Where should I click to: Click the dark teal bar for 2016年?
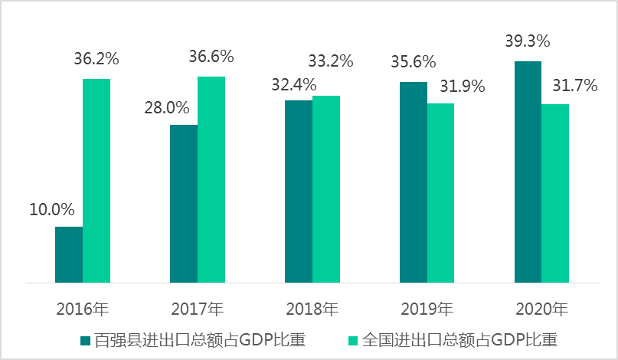[x=69, y=255]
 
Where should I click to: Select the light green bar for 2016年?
[x=96, y=181]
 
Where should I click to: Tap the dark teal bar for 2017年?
[x=184, y=204]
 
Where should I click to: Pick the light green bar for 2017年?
[x=211, y=180]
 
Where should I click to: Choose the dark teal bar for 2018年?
[x=299, y=191]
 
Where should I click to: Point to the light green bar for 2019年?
[x=440, y=193]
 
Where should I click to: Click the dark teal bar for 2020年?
[x=528, y=172]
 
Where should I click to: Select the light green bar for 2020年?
[x=555, y=194]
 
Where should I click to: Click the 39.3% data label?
[x=528, y=41]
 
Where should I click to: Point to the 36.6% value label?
[x=211, y=57]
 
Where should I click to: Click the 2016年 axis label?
[x=83, y=309]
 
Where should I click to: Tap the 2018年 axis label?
[x=312, y=309]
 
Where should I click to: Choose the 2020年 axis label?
[x=541, y=309]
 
